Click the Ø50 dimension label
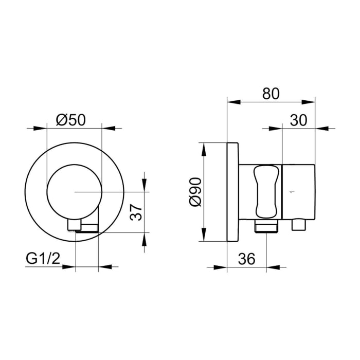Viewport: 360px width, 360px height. point(71,120)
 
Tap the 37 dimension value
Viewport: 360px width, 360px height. point(136,212)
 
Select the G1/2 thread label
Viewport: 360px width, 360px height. point(43,259)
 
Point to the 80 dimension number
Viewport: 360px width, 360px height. point(271,94)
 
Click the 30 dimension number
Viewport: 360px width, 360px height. point(298,120)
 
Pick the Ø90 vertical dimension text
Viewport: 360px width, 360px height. point(195,192)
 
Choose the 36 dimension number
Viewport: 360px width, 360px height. point(246,259)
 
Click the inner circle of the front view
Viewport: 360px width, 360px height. point(75,165)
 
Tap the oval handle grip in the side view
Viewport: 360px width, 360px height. point(267,191)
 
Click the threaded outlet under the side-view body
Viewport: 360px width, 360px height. point(266,226)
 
